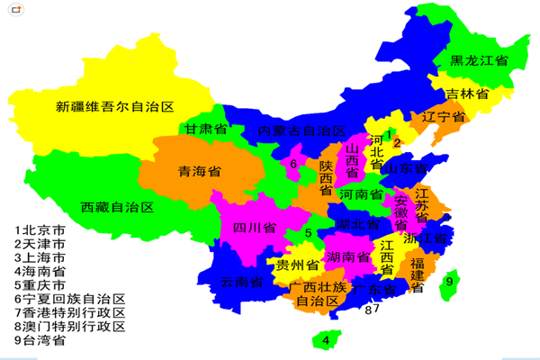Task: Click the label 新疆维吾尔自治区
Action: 114,107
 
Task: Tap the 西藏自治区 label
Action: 118,207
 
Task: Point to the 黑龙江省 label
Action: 479,60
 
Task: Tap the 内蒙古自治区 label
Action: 301,130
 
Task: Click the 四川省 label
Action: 254,228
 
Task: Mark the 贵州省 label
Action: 298,266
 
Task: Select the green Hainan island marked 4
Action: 326,340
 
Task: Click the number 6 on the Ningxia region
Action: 293,164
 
